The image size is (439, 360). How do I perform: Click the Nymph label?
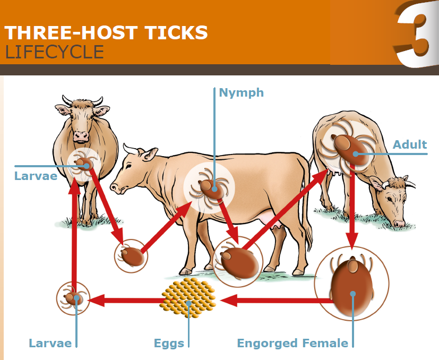[242, 93]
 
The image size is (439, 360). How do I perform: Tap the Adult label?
[410, 144]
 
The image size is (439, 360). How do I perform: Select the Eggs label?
[169, 343]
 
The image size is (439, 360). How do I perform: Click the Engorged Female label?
[292, 343]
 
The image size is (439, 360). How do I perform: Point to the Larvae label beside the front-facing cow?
[36, 176]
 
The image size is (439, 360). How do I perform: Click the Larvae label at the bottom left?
[50, 343]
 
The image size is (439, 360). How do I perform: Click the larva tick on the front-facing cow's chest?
[83, 165]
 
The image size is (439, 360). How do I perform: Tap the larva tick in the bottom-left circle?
[73, 298]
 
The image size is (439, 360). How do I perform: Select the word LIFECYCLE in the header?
[54, 52]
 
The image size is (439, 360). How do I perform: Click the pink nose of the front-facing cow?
[81, 136]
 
